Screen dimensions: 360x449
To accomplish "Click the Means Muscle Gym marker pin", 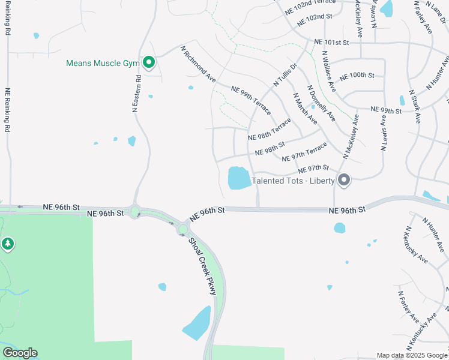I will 148,62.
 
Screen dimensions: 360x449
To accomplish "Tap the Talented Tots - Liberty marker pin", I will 344,179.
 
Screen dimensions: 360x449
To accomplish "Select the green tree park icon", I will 7,244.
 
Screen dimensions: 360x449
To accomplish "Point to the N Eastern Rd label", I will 137,94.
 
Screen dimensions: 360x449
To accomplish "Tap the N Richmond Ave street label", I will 198,64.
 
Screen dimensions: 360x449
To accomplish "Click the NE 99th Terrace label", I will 252,100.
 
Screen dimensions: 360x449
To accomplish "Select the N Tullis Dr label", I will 285,74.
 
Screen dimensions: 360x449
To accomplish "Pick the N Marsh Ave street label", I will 305,108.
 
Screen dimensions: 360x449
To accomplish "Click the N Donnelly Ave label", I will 321,103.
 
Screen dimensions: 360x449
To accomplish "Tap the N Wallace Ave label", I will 328,72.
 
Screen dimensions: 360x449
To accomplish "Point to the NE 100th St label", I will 357,76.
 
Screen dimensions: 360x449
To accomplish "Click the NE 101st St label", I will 331,43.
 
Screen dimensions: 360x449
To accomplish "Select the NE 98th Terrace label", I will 270,128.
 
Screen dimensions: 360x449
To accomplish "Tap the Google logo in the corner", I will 20,353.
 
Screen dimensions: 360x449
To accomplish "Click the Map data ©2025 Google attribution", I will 412,355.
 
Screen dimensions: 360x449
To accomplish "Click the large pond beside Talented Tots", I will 239,178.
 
